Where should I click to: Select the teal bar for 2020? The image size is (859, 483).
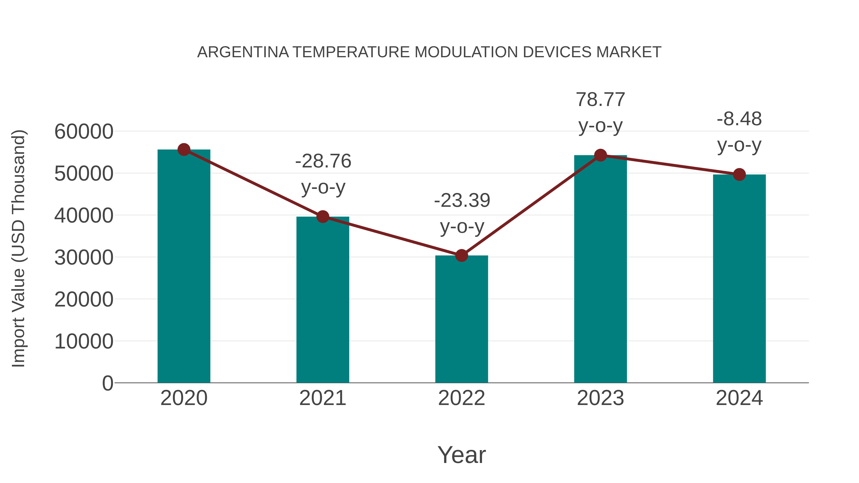click(184, 267)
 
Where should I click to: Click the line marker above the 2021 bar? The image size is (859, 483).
click(323, 217)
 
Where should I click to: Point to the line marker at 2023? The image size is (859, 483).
click(600, 155)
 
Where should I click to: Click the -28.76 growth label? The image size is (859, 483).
click(323, 161)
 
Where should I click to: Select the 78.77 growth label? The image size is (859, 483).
click(600, 100)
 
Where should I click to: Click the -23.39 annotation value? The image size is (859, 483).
click(462, 200)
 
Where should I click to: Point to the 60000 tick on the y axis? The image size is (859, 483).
click(84, 131)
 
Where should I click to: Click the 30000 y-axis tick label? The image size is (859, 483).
click(84, 257)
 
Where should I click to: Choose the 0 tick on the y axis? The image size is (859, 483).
click(107, 383)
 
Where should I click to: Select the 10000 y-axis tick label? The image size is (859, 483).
click(84, 341)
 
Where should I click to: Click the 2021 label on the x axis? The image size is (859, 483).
click(323, 398)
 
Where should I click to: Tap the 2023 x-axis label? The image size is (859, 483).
click(600, 398)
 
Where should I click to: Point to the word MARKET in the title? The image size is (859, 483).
click(629, 52)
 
